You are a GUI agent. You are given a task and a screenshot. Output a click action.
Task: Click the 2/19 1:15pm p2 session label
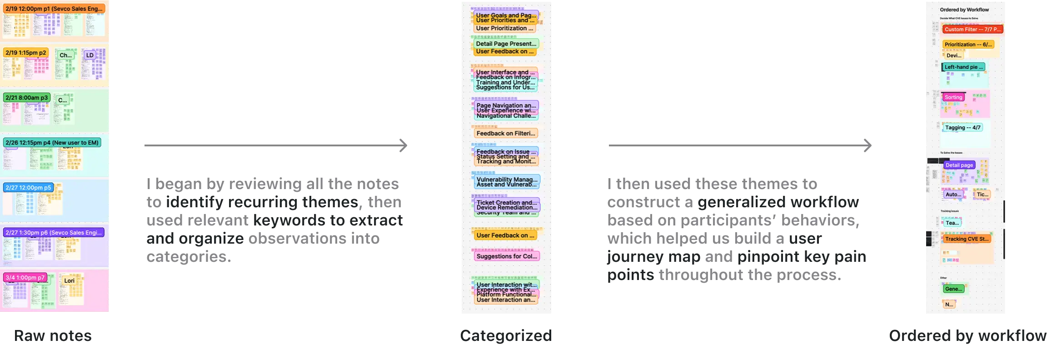coord(26,53)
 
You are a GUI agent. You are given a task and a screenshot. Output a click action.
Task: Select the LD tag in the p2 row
coord(90,55)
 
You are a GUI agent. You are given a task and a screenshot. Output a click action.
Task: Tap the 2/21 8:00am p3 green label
coord(27,98)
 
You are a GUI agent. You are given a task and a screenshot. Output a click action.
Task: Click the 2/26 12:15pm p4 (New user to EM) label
coord(52,143)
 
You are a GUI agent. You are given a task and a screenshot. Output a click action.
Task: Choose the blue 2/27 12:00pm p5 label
coord(28,187)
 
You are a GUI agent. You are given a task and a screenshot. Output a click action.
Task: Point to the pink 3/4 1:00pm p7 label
coord(25,277)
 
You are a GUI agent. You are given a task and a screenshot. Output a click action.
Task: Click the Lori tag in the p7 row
coord(69,280)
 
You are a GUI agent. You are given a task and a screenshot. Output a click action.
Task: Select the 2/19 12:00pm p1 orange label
coord(54,9)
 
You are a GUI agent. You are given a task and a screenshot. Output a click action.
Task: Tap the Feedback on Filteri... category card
coord(505,133)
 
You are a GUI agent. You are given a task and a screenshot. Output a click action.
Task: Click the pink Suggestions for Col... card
coord(506,256)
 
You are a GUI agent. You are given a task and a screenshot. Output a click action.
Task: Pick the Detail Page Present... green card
coord(506,44)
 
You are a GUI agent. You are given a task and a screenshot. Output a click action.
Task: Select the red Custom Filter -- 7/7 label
coord(972,29)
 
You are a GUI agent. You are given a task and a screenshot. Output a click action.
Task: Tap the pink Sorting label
coord(953,97)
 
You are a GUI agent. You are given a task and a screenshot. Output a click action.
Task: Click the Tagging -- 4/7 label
coord(962,128)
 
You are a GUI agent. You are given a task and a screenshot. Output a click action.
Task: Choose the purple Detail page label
coord(959,165)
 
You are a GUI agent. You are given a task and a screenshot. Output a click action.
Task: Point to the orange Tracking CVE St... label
coord(967,239)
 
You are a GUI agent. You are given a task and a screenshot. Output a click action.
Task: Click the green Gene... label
coord(953,289)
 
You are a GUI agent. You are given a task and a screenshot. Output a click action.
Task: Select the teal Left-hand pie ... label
coord(963,67)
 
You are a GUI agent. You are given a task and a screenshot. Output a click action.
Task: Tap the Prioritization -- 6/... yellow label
coord(967,45)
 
